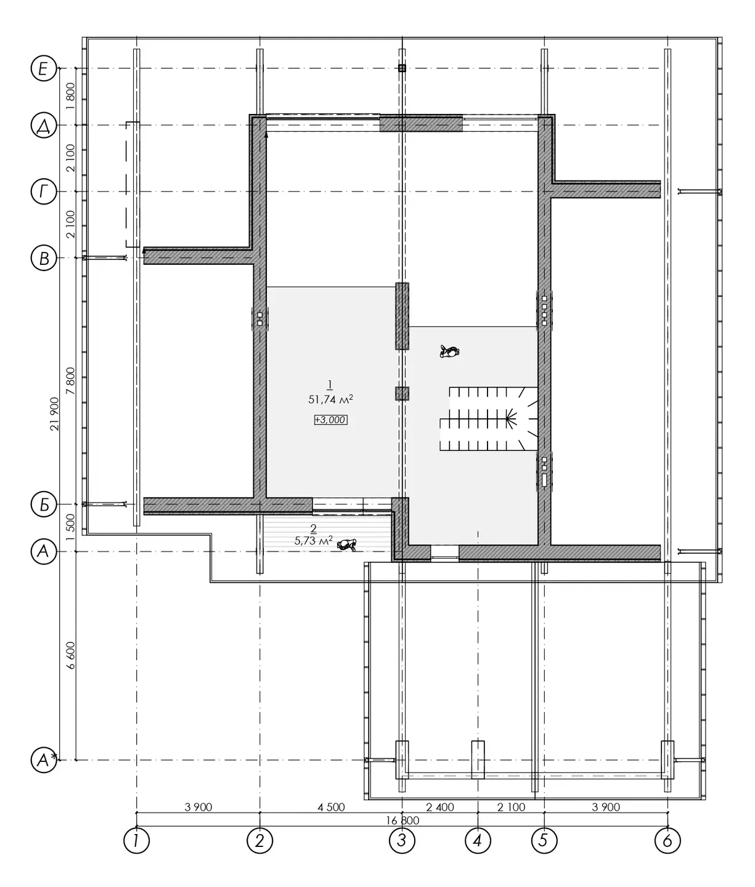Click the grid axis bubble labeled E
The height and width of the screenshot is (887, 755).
[x=44, y=68]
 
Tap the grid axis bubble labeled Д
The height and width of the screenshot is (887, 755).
[x=44, y=125]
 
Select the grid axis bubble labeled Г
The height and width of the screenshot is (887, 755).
[x=44, y=192]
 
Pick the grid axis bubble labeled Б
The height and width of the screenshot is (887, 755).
[x=44, y=504]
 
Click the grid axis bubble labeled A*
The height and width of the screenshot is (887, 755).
[x=44, y=760]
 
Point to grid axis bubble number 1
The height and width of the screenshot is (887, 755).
[x=137, y=841]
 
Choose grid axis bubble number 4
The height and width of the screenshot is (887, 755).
[x=478, y=841]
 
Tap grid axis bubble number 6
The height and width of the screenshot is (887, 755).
[x=668, y=841]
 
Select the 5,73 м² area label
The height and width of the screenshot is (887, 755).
[x=314, y=541]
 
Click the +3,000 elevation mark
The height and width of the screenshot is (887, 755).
[x=330, y=419]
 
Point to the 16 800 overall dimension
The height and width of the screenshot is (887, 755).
[x=402, y=820]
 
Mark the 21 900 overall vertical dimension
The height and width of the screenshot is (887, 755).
[x=54, y=414]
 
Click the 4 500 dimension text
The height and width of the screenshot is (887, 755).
[x=331, y=807]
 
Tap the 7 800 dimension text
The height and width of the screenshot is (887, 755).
[x=70, y=381]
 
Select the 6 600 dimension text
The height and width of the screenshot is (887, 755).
[x=70, y=655]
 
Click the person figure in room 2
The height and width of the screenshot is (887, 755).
[x=346, y=545]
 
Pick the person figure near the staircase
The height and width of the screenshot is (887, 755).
[x=450, y=352]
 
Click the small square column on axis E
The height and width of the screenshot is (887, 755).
[x=402, y=68]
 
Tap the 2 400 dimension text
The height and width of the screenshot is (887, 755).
[x=440, y=807]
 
